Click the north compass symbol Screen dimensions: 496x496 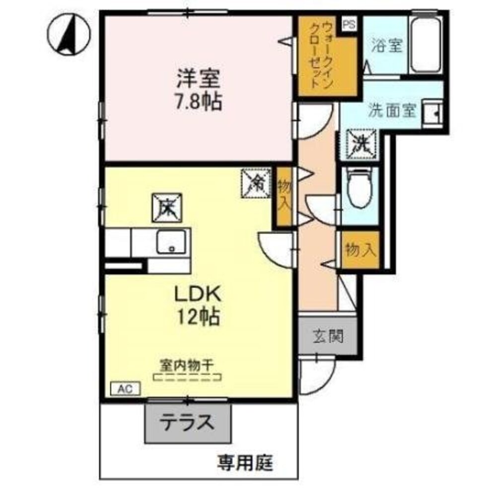(x=69, y=34)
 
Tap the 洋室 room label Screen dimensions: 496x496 (x=198, y=78)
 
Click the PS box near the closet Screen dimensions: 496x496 (x=350, y=24)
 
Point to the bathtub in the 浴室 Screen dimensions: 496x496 (x=425, y=45)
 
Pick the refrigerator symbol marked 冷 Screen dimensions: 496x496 (x=256, y=184)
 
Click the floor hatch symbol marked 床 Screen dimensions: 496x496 (x=167, y=208)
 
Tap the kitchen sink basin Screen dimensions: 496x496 (x=172, y=242)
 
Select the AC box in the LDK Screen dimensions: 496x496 (x=126, y=389)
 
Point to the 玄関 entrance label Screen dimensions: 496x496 (x=328, y=336)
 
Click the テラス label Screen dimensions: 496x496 (x=187, y=422)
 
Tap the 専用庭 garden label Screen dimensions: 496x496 (x=245, y=464)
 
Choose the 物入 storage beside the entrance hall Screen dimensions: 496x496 (x=361, y=250)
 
